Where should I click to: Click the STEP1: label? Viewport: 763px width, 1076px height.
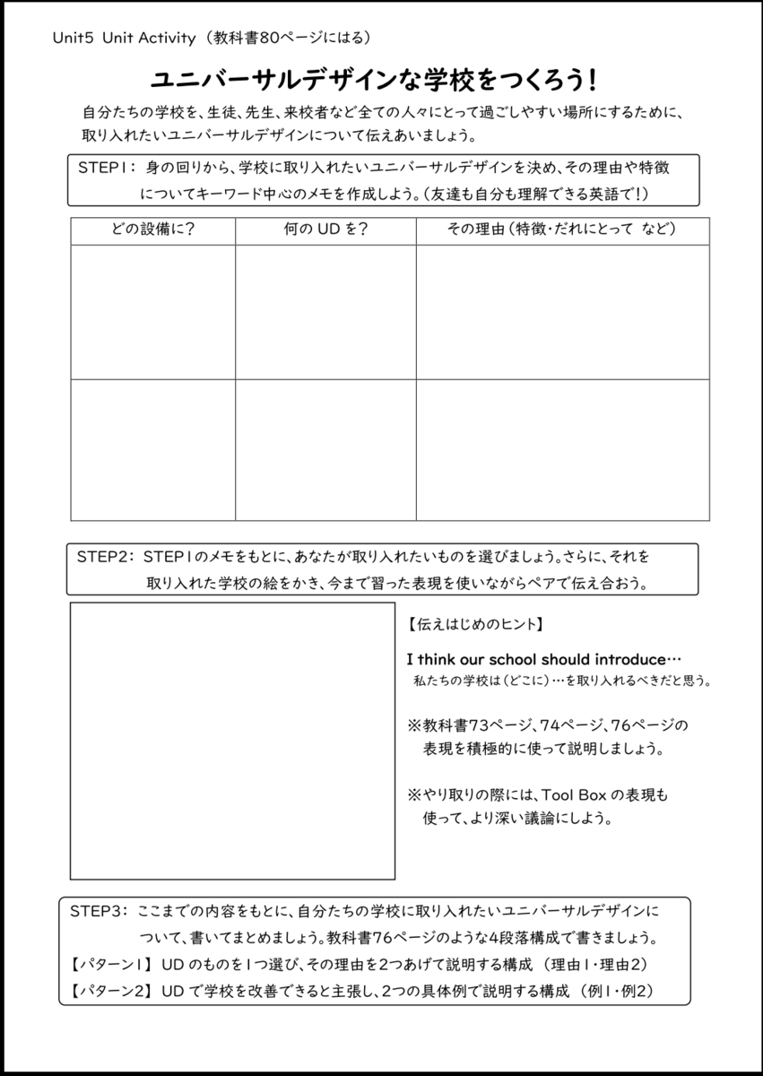click(x=106, y=168)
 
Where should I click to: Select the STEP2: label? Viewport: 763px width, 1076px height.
click(x=104, y=557)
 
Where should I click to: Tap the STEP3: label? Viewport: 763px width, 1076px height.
click(x=100, y=911)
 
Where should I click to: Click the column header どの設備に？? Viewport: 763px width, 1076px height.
click(x=152, y=230)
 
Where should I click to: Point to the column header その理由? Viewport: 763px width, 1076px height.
click(x=476, y=230)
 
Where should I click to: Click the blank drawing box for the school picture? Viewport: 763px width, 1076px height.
click(x=232, y=741)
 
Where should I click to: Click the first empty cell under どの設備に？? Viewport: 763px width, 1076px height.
click(x=152, y=311)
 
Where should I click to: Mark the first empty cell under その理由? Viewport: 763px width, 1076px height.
click(x=562, y=311)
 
